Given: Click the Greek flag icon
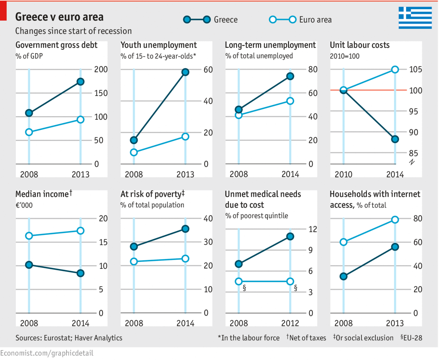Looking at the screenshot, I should coord(415,17).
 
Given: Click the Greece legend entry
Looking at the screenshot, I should coord(210,20).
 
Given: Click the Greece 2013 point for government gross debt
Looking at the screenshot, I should coord(80,82).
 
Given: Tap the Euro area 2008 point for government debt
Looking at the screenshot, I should coord(29,132).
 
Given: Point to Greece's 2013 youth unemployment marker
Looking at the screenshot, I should coord(185,72).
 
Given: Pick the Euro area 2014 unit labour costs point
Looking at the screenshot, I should coord(395,69).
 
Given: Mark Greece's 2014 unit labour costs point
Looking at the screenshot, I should coord(395,139).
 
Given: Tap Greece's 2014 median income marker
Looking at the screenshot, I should coord(80,273).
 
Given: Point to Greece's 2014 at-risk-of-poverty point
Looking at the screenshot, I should coord(185,229).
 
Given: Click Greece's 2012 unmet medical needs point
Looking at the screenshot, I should coord(290,236).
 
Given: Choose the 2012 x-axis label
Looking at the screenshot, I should coord(290,323).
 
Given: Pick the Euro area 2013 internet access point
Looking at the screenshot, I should coord(395,219).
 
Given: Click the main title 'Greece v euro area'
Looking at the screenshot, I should coord(59,17).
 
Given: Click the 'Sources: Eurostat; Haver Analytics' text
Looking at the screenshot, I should coord(69,338).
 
